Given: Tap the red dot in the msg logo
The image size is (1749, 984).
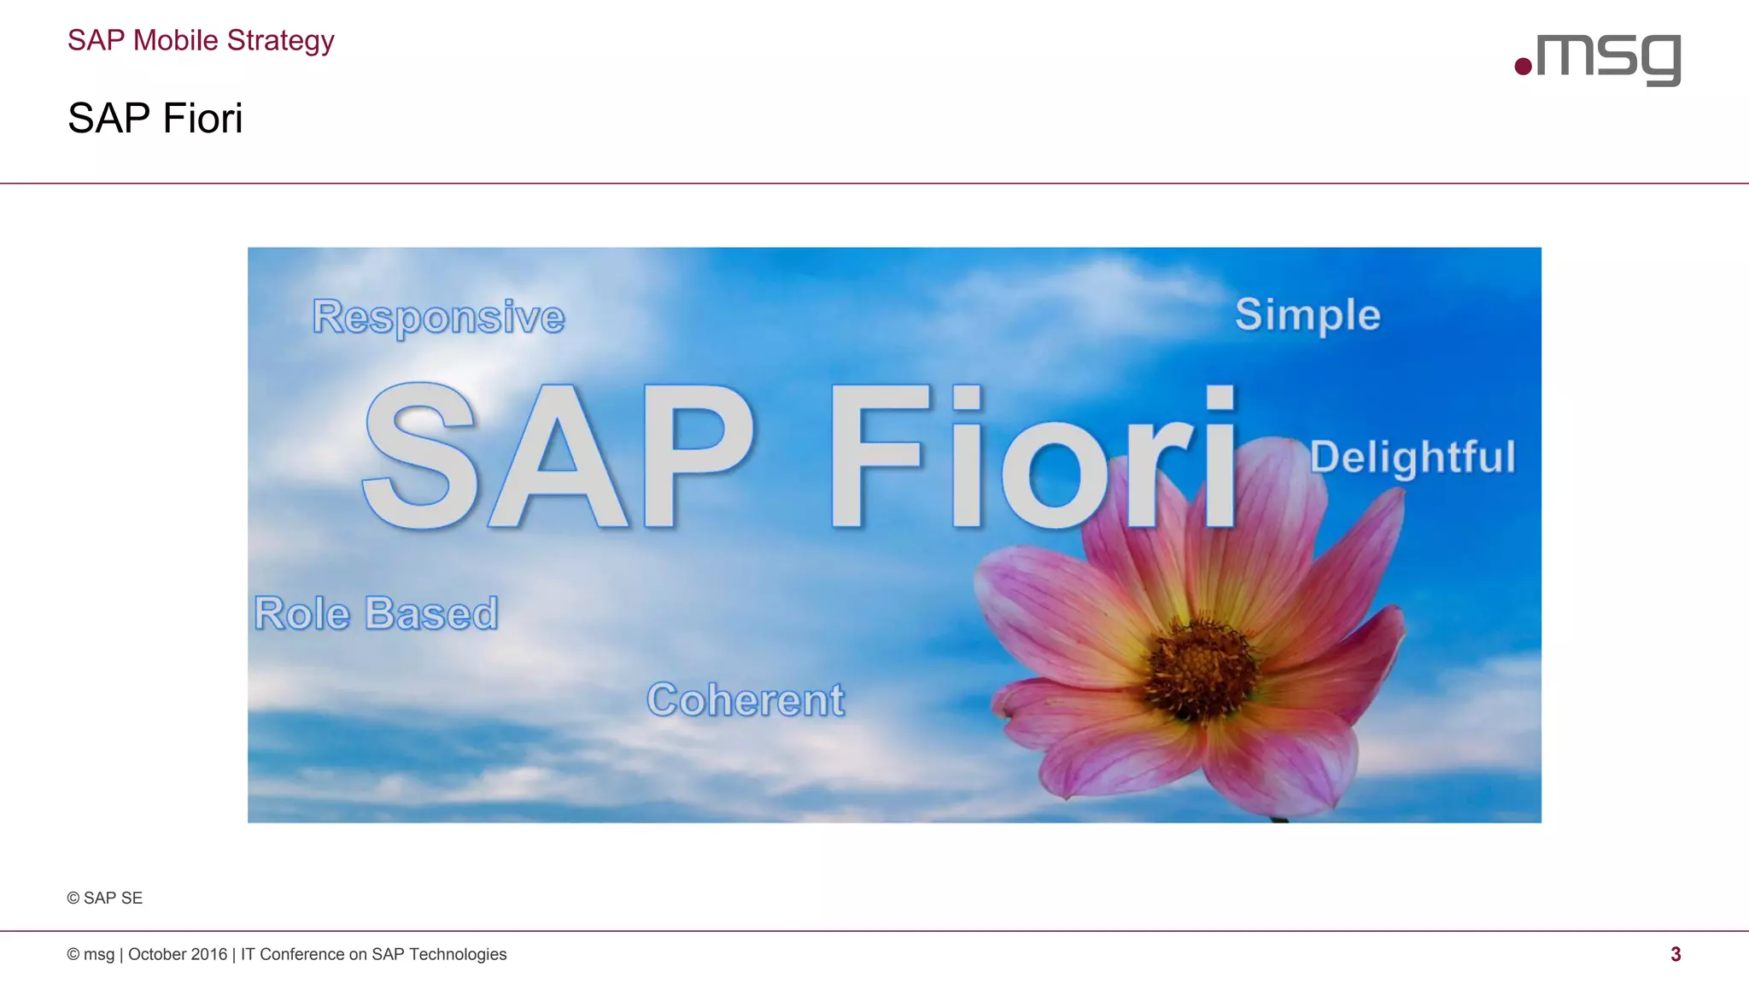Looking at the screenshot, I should [x=1523, y=66].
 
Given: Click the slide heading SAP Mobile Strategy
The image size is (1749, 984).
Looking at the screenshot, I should [x=201, y=40].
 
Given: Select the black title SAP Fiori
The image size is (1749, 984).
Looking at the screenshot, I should [x=155, y=118].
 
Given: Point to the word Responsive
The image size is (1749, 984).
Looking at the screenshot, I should [x=438, y=317].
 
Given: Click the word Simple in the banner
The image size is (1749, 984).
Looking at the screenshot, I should [x=1307, y=314].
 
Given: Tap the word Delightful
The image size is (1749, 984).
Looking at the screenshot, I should [x=1413, y=457].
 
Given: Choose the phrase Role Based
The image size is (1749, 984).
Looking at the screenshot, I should [x=376, y=613].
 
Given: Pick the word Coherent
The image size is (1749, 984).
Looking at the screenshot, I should [x=746, y=700].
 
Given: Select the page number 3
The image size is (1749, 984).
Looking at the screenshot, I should [x=1676, y=954].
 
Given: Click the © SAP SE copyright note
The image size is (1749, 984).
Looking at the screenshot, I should [x=105, y=898].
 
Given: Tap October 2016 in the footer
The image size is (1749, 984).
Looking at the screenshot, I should [x=178, y=954].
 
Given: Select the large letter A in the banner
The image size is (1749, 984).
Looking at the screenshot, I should [x=558, y=457].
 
